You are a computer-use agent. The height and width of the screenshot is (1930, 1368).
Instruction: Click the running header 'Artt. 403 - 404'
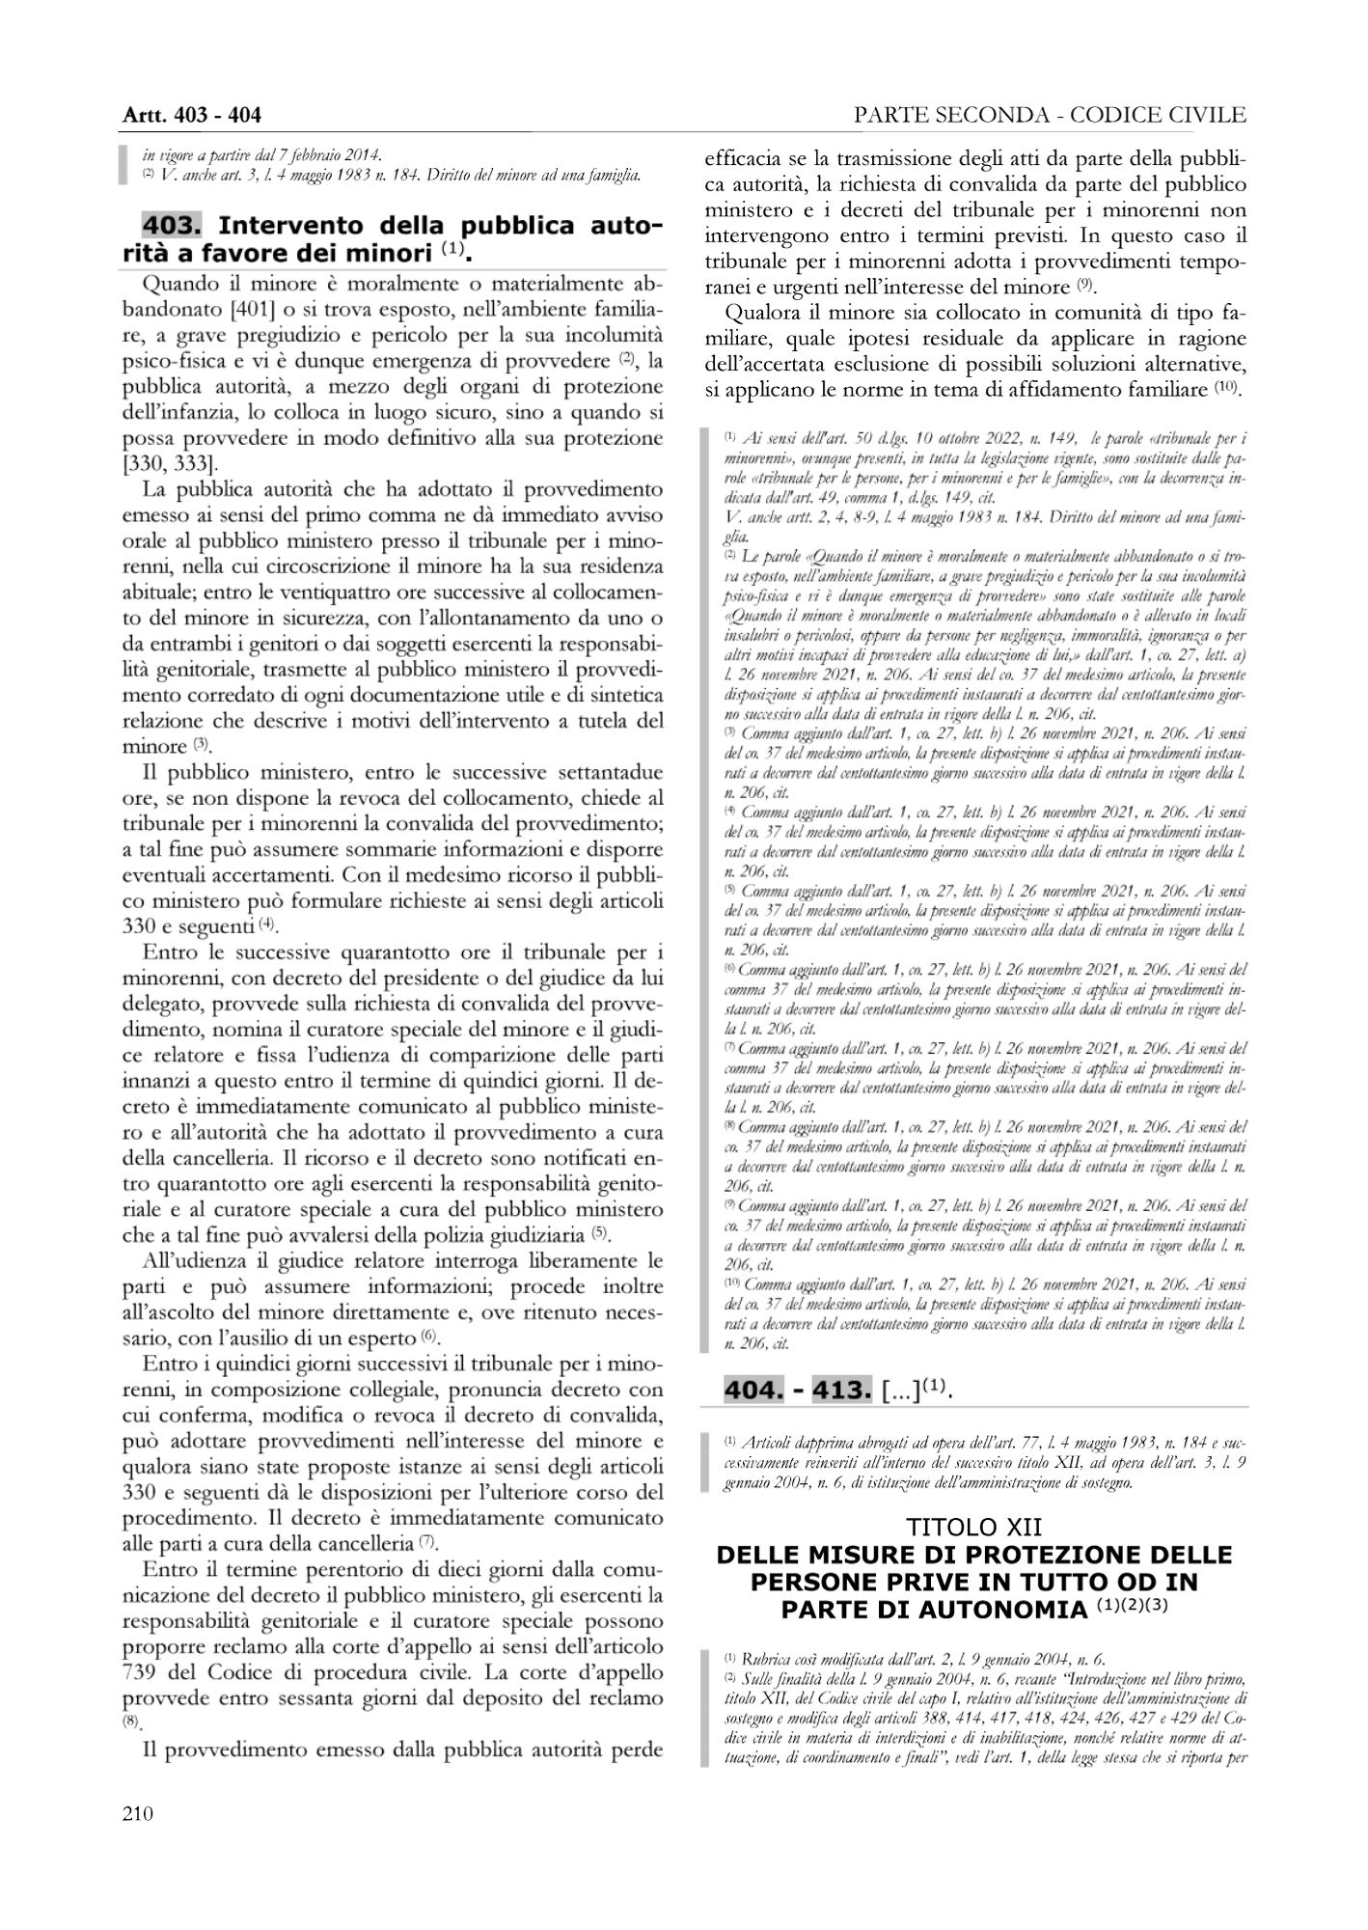(192, 116)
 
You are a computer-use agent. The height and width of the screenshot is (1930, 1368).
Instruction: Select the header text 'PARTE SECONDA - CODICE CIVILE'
(1050, 116)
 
